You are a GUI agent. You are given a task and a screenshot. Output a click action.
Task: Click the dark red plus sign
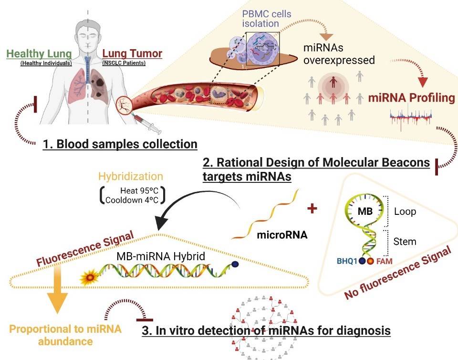tap(313, 209)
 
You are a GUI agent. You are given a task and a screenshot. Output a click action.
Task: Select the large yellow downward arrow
tap(56, 296)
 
